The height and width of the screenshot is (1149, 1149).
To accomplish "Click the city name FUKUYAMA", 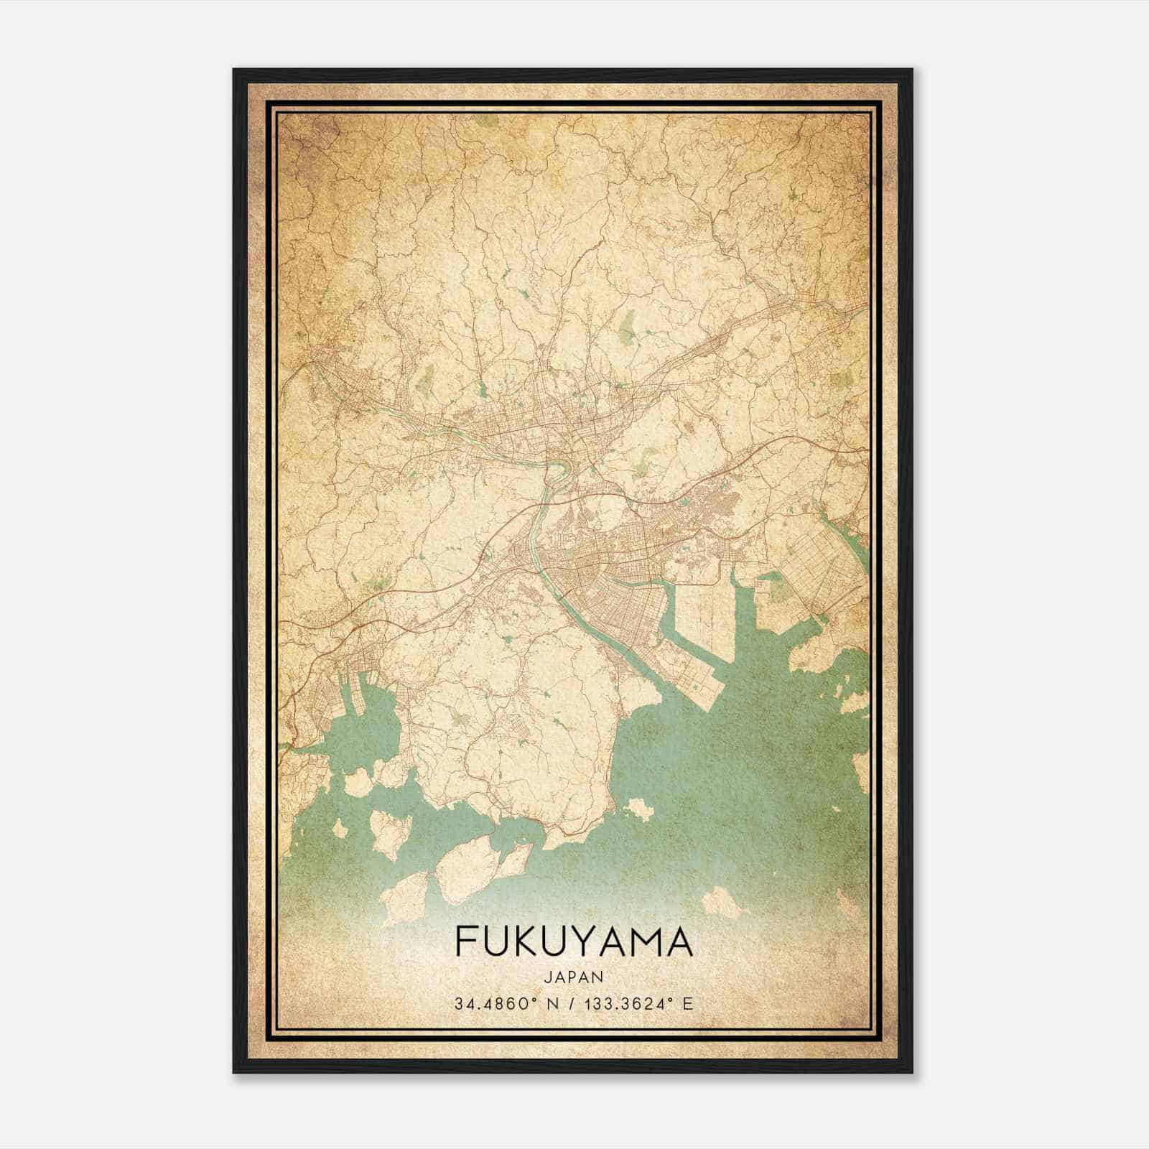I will click(574, 941).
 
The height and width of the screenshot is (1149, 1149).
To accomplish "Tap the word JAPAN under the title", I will click(574, 977).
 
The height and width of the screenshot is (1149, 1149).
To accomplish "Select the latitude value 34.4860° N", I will click(506, 1003).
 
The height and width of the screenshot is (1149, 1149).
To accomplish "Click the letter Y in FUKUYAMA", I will click(593, 941).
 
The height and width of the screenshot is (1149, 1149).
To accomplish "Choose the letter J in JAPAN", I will click(549, 977).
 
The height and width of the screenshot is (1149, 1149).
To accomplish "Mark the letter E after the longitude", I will click(688, 1003).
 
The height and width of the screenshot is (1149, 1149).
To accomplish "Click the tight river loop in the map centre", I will click(556, 473).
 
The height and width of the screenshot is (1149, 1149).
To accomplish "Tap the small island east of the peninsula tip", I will click(638, 810).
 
